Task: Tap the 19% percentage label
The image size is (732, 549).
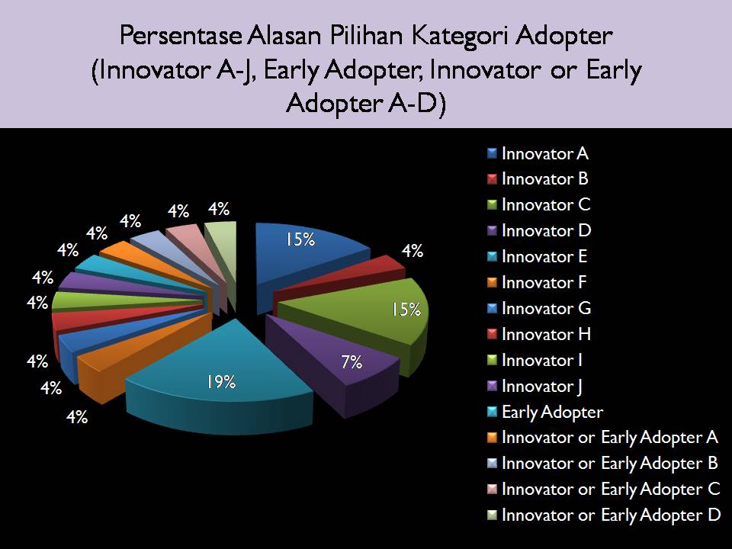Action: coord(221,382)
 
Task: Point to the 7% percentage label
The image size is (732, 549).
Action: coord(352,361)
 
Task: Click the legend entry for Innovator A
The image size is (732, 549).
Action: coord(538,153)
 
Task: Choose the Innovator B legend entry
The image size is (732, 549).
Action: coord(538,179)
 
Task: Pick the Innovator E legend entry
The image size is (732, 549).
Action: coord(538,257)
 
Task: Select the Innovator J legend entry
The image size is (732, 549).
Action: coord(535,387)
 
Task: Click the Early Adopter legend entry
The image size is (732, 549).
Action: coord(545,413)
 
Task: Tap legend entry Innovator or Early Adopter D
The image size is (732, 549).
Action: coord(604,515)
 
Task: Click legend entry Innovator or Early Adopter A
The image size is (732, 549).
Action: coord(602,438)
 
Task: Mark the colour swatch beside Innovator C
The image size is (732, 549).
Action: coord(492,205)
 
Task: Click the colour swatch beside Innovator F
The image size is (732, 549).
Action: coord(492,282)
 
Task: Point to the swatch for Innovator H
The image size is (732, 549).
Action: coord(492,334)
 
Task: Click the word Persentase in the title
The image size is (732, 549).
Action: coord(181,36)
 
